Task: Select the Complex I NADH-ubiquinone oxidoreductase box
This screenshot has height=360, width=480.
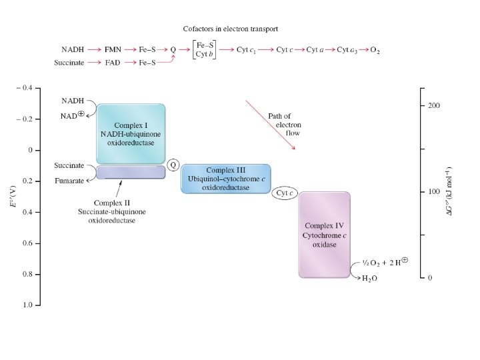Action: [x=131, y=134]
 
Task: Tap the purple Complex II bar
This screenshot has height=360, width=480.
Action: [x=131, y=173]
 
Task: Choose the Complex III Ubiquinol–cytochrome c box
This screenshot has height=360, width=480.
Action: [x=226, y=179]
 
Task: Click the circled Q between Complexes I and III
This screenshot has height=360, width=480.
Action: [x=173, y=164]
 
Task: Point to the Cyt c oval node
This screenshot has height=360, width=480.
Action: [x=286, y=193]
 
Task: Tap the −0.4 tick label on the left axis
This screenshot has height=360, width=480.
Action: [x=27, y=88]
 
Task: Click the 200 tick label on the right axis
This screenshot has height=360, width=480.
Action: [x=433, y=107]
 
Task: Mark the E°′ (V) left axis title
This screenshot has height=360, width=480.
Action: [x=13, y=197]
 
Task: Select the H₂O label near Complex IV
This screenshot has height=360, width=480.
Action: [x=369, y=279]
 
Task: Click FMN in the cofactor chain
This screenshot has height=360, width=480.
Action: [x=112, y=50]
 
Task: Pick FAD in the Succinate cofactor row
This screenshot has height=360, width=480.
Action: [x=112, y=63]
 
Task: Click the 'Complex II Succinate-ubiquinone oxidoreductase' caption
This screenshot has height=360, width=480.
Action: [x=112, y=212]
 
